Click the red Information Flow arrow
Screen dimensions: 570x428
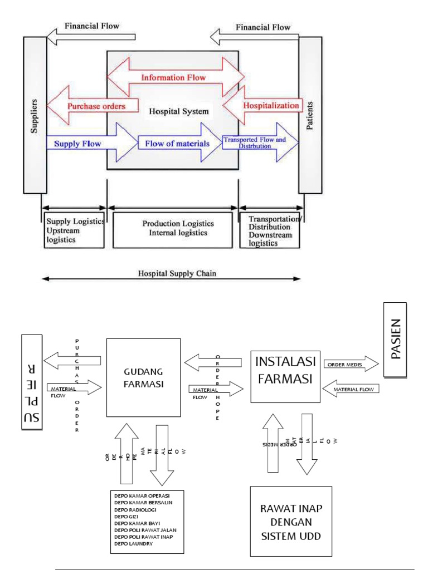pos(173,77)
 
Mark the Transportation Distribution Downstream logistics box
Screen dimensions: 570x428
pos(269,229)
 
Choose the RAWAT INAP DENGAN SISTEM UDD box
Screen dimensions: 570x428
pos(290,520)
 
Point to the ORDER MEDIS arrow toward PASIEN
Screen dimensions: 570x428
pos(349,365)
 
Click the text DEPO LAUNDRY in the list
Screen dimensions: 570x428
pos(134,543)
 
